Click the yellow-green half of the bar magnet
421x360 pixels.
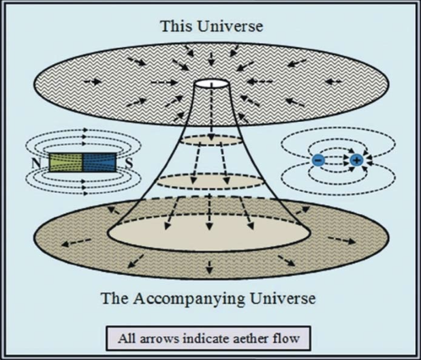point(67,162)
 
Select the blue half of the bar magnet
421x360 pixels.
point(98,162)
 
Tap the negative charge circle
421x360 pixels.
point(318,160)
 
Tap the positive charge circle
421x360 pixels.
point(356,160)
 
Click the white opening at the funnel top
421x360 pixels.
point(212,85)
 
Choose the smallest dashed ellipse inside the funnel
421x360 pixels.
point(212,140)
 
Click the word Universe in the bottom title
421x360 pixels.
point(286,299)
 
